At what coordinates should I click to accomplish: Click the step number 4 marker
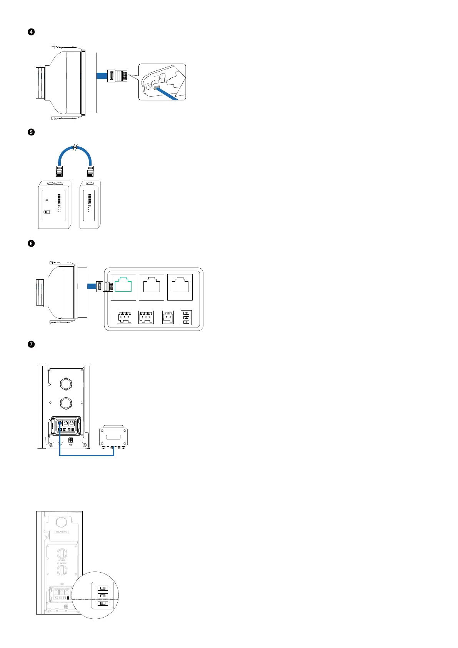click(31, 32)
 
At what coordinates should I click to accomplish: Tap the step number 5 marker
click(31, 132)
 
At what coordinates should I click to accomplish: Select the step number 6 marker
click(31, 243)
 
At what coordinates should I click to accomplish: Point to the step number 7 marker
click(31, 344)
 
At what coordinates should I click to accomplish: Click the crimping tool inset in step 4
click(162, 82)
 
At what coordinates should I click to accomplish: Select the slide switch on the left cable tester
click(47, 212)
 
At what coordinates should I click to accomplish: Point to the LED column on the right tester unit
click(90, 203)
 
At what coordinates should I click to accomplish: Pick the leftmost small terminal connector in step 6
click(125, 317)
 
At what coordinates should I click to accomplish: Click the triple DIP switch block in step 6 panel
click(186, 317)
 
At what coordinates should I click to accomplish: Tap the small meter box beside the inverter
click(113, 437)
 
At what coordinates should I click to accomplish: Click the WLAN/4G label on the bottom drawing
click(62, 532)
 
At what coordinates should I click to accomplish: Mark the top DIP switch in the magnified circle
click(103, 588)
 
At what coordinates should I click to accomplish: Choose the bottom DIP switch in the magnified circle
click(103, 603)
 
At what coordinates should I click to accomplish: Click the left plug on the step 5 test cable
click(59, 170)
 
